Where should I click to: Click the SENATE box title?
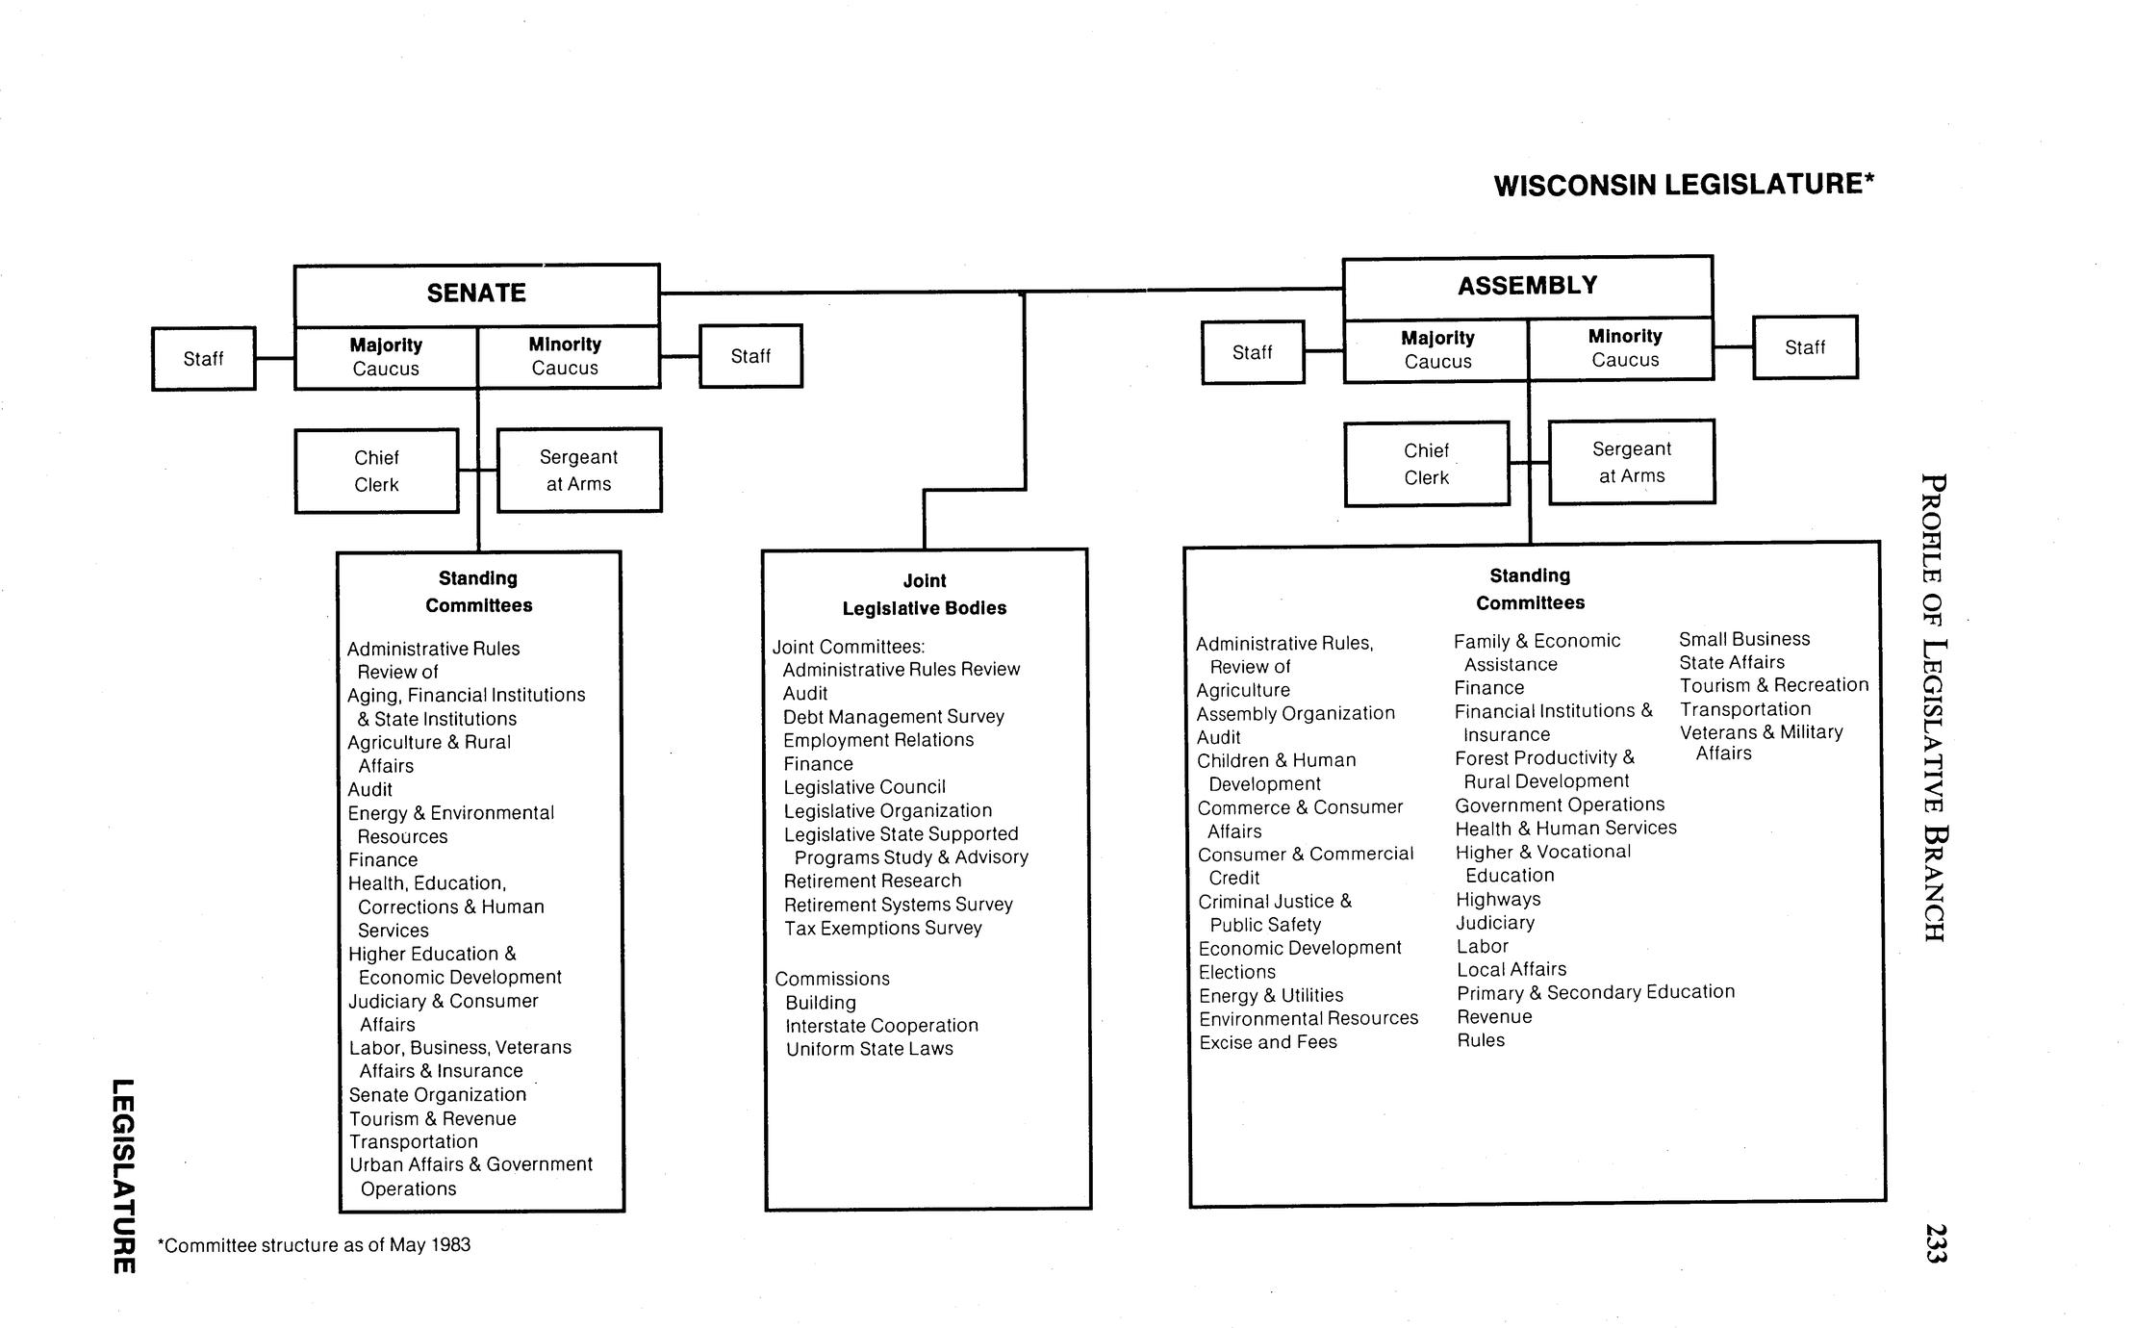pyautogui.click(x=476, y=293)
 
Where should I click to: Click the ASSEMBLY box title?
pyautogui.click(x=1527, y=286)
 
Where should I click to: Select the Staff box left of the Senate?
pyautogui.click(x=203, y=359)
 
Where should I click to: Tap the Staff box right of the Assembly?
pyautogui.click(x=1804, y=347)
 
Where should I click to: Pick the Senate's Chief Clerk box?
pyautogui.click(x=376, y=471)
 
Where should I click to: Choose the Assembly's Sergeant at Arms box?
pyautogui.click(x=1631, y=462)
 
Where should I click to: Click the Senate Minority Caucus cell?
pyautogui.click(x=565, y=356)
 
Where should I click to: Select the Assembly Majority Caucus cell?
pyautogui.click(x=1437, y=349)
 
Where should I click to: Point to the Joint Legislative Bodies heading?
pyautogui.click(x=924, y=594)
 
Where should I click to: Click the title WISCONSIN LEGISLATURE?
pyautogui.click(x=1684, y=184)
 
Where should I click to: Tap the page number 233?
pyautogui.click(x=1936, y=1242)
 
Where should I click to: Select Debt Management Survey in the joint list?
pyautogui.click(x=893, y=717)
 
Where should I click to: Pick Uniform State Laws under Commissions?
pyautogui.click(x=869, y=1049)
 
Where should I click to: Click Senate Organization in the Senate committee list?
pyautogui.click(x=437, y=1095)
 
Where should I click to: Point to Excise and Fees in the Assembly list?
pyautogui.click(x=1267, y=1042)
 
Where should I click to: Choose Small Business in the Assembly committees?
pyautogui.click(x=1744, y=639)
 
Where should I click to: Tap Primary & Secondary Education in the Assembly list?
pyautogui.click(x=1595, y=992)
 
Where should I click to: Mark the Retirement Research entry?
pyautogui.click(x=872, y=881)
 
